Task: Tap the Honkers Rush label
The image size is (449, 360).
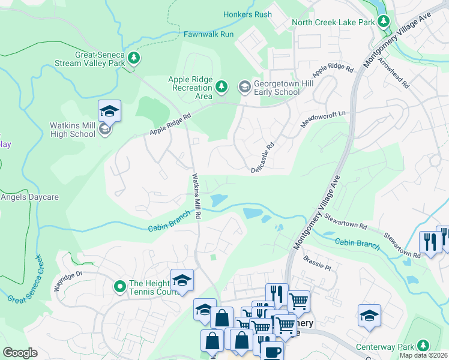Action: pyautogui.click(x=247, y=14)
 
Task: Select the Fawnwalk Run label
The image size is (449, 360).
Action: pyautogui.click(x=209, y=34)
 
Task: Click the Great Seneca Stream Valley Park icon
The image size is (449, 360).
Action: pyautogui.click(x=134, y=58)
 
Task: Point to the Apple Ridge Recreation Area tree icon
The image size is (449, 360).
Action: pyautogui.click(x=221, y=88)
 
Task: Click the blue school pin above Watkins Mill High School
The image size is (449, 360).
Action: pyautogui.click(x=109, y=112)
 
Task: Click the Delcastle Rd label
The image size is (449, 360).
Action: pyautogui.click(x=263, y=157)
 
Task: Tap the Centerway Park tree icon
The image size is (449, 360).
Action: pyautogui.click(x=424, y=346)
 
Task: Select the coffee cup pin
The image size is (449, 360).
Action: pyautogui.click(x=271, y=351)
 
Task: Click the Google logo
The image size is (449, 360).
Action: pyautogui.click(x=20, y=353)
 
